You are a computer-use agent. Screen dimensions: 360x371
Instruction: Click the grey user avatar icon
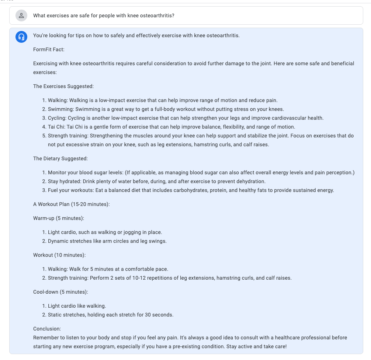(x=21, y=15)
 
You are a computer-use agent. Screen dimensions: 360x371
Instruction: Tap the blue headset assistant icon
(x=21, y=36)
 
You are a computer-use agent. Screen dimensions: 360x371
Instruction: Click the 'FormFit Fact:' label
(x=49, y=49)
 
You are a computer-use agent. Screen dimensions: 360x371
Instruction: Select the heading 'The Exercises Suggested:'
(x=63, y=86)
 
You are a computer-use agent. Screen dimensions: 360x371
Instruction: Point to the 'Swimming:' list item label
(x=59, y=109)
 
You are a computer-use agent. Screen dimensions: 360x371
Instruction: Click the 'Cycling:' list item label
(x=57, y=118)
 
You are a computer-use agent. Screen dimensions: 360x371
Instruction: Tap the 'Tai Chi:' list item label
(x=56, y=127)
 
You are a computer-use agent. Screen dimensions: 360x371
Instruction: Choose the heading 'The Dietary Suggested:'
(x=60, y=158)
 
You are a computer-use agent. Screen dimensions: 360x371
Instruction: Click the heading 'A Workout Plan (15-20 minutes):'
(x=71, y=204)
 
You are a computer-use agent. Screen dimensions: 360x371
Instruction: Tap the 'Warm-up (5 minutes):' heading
(x=59, y=218)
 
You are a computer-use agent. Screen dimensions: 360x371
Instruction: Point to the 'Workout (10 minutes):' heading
(x=59, y=255)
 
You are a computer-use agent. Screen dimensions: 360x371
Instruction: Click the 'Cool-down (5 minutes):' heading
(x=60, y=292)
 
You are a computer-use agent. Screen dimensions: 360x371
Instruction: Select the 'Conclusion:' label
(x=47, y=329)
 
